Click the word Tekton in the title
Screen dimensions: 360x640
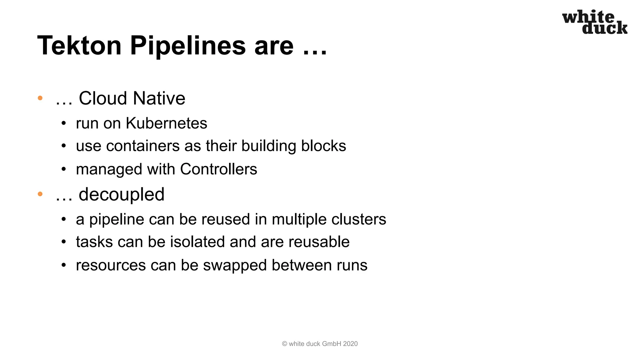(79, 46)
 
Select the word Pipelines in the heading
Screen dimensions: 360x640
(188, 46)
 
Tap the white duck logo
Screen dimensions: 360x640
(595, 22)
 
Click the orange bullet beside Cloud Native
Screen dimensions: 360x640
(40, 98)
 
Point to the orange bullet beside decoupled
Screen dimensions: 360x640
(40, 194)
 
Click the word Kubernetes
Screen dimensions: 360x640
(166, 123)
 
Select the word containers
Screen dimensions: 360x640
(143, 146)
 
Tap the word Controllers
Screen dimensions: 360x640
(218, 169)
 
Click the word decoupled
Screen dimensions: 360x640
(122, 194)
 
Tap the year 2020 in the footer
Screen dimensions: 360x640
(350, 344)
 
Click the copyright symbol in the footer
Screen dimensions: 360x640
(284, 344)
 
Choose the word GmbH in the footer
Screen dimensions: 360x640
(332, 344)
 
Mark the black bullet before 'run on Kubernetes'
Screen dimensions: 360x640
(64, 123)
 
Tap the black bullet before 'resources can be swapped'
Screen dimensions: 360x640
(64, 265)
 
